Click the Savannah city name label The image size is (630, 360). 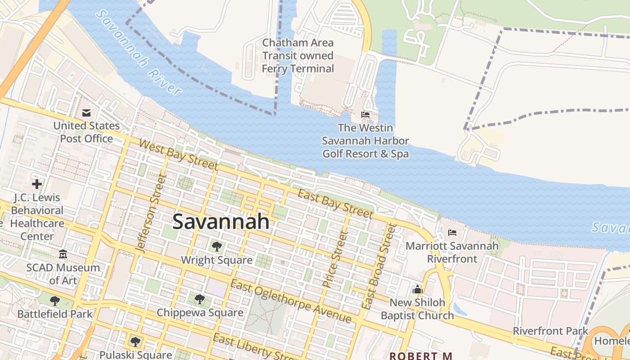[221, 221]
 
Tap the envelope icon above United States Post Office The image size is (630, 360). [86, 112]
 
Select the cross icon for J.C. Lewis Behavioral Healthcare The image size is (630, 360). [37, 184]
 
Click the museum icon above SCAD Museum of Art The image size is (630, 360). [63, 255]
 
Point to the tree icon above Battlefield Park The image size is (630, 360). [55, 301]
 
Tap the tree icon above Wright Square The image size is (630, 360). [216, 247]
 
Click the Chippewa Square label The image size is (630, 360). [200, 312]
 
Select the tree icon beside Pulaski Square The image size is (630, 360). [135, 342]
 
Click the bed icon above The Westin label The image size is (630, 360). [365, 115]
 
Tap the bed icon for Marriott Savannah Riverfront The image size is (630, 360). [452, 233]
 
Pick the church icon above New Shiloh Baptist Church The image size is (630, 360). [418, 289]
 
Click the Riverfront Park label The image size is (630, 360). [550, 331]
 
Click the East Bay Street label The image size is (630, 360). [336, 203]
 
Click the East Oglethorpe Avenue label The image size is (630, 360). [290, 301]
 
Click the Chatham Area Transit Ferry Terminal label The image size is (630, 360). [298, 56]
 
